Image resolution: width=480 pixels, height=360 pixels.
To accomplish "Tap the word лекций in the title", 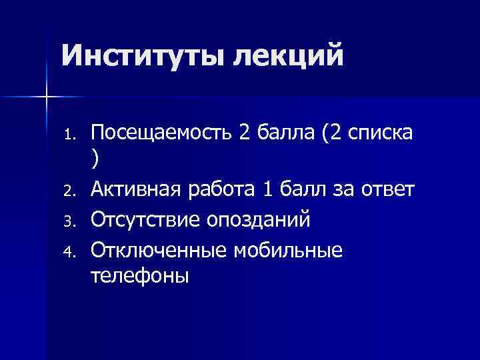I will (288, 55).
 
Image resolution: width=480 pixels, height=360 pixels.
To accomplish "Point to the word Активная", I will (133, 190).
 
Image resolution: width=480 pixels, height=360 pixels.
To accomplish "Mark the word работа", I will (221, 190).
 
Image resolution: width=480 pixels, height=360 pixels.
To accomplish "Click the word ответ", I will (387, 190).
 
